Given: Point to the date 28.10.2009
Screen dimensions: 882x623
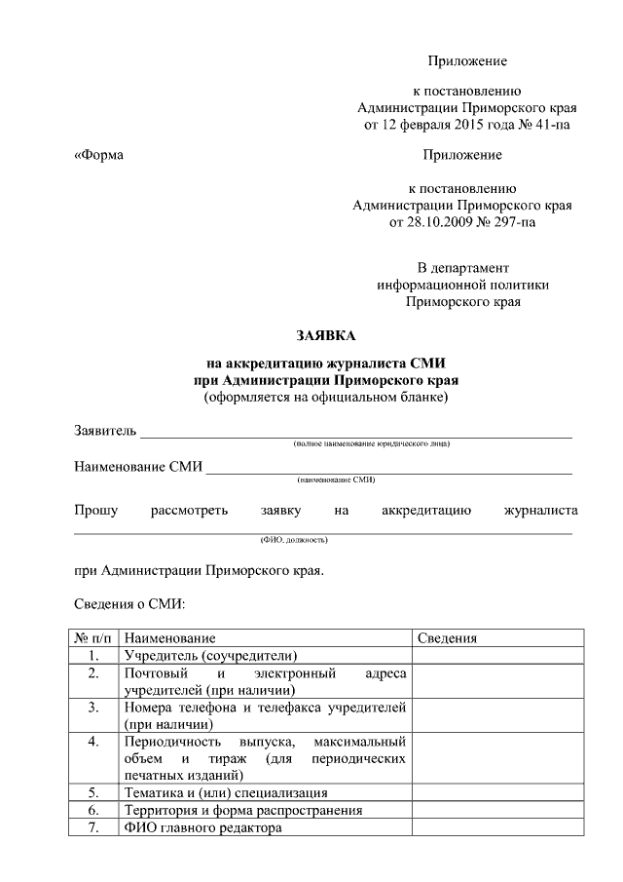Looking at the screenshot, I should [432, 222].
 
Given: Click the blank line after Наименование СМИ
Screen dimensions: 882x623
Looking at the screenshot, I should [389, 472].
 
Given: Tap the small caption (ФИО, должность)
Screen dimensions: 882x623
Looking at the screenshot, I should [293, 539].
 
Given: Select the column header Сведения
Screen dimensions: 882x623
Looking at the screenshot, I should [447, 638].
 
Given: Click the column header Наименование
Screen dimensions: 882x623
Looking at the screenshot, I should [163, 638].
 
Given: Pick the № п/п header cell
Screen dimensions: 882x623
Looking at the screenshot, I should [93, 638].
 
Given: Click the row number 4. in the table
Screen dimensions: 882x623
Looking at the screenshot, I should [93, 742].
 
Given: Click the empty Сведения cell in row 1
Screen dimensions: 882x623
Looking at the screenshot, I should [492, 656].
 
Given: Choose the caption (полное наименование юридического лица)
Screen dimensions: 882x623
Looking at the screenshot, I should [372, 444].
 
